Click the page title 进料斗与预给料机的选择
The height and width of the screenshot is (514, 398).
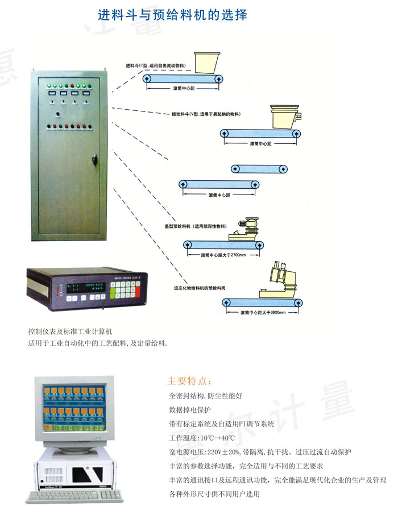(x=173, y=15)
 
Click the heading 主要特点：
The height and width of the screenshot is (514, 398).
(x=190, y=380)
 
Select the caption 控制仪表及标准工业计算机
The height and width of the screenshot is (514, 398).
(x=71, y=331)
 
